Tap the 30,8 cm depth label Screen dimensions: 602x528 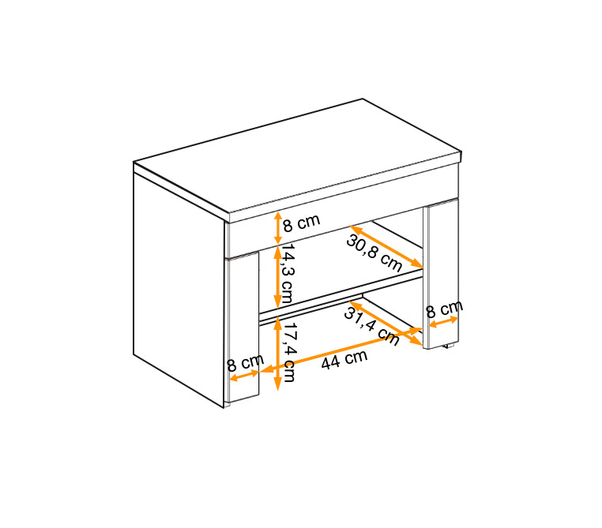point(374,253)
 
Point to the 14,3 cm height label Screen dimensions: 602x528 point(288,273)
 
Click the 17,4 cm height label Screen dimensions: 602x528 point(288,352)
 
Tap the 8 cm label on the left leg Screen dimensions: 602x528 point(245,362)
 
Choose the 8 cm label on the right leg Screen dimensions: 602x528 point(445,309)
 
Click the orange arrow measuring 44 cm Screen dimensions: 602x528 point(341,350)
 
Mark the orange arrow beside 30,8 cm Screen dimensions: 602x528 point(386,246)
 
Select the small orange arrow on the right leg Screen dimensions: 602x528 point(443,322)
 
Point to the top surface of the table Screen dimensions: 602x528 point(298,155)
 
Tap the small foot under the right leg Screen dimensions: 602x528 point(449,346)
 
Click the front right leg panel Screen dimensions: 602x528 point(442,274)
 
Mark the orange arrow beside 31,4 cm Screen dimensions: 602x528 point(386,324)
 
